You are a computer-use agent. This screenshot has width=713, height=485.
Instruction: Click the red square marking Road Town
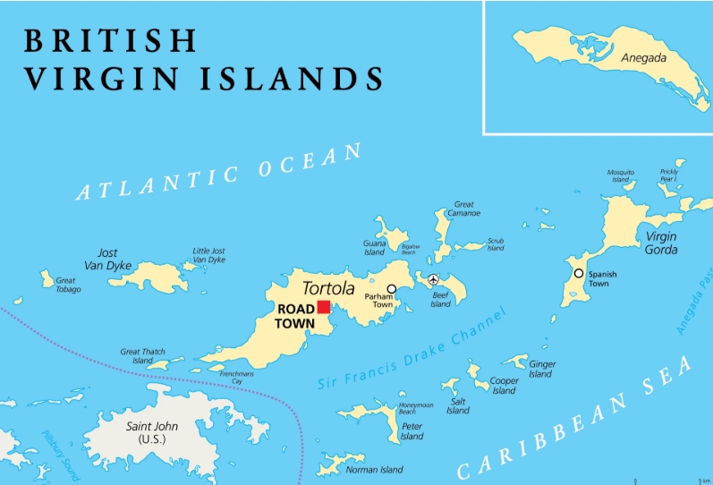click(x=324, y=306)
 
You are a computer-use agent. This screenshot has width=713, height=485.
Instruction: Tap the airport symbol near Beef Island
click(x=434, y=279)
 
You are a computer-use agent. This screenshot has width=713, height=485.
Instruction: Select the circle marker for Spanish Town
click(x=579, y=273)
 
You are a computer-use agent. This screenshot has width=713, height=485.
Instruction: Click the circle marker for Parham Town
click(x=391, y=289)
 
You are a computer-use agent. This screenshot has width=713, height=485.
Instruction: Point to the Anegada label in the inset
click(x=644, y=57)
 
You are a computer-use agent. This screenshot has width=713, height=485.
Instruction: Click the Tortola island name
click(x=328, y=288)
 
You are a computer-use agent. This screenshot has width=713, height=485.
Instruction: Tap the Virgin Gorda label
click(x=661, y=242)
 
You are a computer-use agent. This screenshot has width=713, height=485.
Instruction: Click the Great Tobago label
click(x=68, y=285)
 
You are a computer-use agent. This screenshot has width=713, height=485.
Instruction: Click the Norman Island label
click(x=374, y=470)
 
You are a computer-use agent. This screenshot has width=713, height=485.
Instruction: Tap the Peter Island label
click(x=412, y=432)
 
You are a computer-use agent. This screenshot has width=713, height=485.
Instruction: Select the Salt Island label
click(x=458, y=405)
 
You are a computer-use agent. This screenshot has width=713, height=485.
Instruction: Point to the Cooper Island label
click(x=504, y=386)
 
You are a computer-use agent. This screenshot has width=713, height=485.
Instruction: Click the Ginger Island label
click(x=541, y=369)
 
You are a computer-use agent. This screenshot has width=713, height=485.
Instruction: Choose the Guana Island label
click(x=374, y=248)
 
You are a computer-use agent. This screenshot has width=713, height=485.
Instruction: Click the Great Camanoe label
click(x=465, y=208)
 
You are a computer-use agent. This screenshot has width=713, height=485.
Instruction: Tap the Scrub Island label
click(x=495, y=244)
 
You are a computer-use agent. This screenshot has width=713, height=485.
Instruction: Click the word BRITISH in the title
click(x=110, y=40)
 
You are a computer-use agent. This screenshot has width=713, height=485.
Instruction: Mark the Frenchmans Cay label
click(x=237, y=378)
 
